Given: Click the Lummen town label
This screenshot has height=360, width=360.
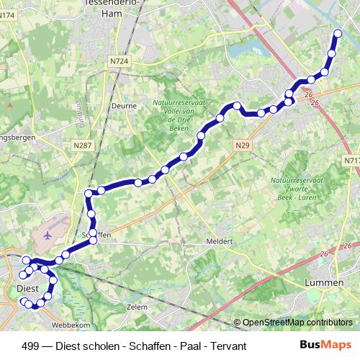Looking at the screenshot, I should point(324,283).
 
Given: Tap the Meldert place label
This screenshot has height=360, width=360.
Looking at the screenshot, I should point(220,241).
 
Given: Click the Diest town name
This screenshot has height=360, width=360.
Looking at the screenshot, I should point(26,288).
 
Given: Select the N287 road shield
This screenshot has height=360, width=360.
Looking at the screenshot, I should point(83,145).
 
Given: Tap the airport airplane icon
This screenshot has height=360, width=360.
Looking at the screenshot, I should point(48,235).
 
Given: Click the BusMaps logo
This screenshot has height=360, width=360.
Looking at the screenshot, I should point(325,346).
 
